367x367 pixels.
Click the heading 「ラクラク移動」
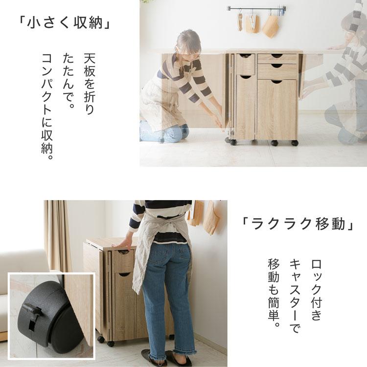pos(298,225)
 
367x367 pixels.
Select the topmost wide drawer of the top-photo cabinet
pos(277,58)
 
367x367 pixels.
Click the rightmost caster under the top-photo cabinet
pos(295,143)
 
